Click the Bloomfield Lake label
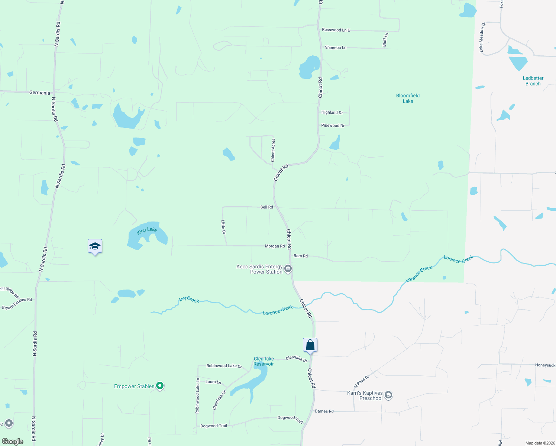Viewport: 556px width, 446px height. [408, 98]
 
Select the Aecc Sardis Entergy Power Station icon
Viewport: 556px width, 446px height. [288, 269]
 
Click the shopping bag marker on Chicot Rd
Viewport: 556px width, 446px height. [310, 345]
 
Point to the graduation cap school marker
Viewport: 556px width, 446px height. [95, 246]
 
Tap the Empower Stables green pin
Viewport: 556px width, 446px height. [160, 386]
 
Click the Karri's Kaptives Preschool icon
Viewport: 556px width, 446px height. [388, 395]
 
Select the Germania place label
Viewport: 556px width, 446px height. [39, 93]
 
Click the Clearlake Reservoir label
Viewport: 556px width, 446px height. [264, 361]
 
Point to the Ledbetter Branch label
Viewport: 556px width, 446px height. [533, 81]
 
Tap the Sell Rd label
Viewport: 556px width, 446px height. [266, 207]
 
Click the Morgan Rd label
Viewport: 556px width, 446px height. [275, 246]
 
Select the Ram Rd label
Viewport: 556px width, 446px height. [300, 256]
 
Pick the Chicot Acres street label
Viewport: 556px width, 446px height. [273, 150]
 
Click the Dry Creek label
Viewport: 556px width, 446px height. [189, 299]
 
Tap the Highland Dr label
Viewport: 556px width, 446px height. [332, 112]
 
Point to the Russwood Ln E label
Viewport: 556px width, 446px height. [336, 30]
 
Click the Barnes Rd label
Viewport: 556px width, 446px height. [324, 411]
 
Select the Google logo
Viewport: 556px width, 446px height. [13, 441]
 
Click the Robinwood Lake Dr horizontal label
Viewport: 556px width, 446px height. [224, 366]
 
